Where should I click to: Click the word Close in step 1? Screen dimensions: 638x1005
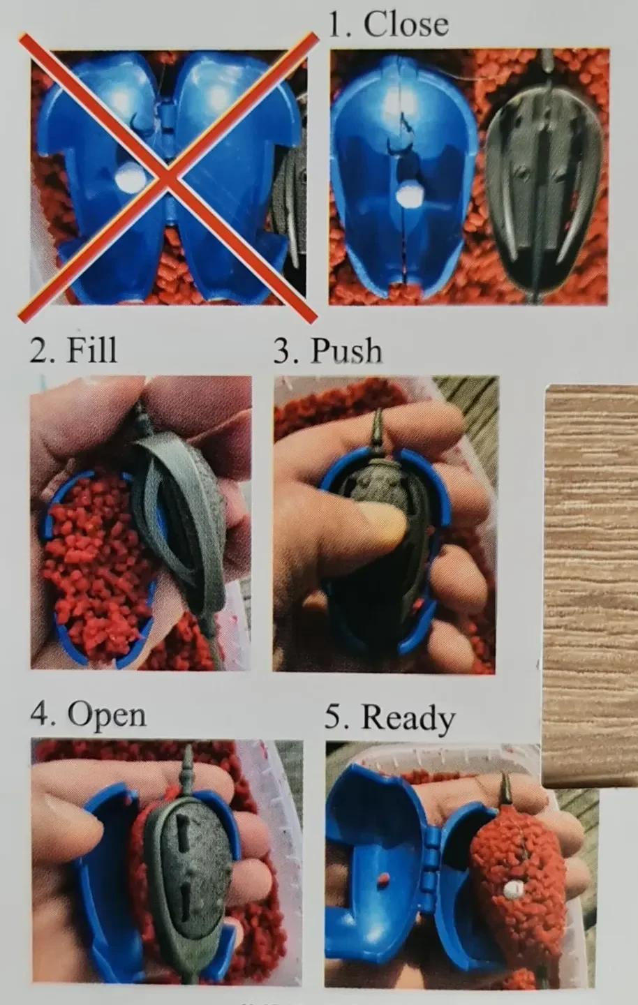(x=406, y=24)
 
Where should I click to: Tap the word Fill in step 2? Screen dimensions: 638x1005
(x=91, y=350)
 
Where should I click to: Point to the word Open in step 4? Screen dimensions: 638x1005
(x=107, y=715)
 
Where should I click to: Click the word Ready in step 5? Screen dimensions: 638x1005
(x=408, y=717)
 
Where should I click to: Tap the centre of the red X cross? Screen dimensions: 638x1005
(x=168, y=177)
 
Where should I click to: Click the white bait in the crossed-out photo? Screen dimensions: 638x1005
(x=129, y=181)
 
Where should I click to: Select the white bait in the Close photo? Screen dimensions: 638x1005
(x=410, y=194)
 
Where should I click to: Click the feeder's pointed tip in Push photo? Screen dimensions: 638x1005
(x=378, y=412)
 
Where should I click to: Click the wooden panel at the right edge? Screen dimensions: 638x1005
(x=591, y=584)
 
